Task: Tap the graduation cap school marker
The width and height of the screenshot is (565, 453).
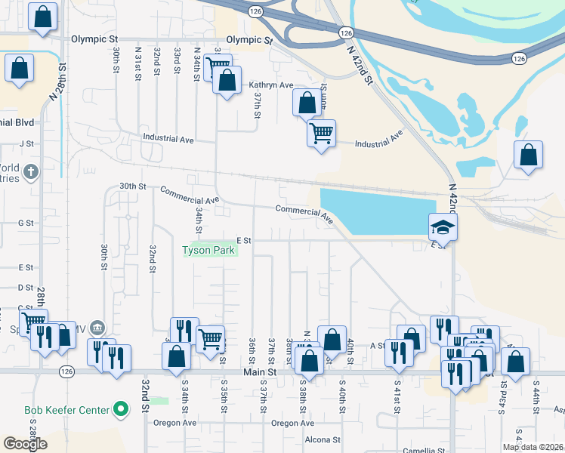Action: (443, 226)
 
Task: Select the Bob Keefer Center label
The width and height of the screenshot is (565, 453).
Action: (66, 411)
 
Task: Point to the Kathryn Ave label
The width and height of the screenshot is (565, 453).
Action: (270, 85)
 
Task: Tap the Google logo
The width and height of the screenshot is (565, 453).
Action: (26, 443)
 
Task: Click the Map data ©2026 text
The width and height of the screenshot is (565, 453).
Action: (533, 447)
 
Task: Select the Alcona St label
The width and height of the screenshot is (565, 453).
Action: (323, 439)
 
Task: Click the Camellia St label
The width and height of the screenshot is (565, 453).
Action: (405, 450)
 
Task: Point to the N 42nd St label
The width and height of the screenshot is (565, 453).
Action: (362, 65)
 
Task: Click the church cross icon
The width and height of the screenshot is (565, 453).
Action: (31, 172)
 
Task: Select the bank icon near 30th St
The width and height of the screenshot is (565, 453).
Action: (97, 328)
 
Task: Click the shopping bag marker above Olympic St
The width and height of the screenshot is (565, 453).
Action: (44, 15)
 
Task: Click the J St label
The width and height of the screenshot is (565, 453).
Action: (27, 143)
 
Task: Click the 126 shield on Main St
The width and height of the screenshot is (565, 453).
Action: (67, 371)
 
